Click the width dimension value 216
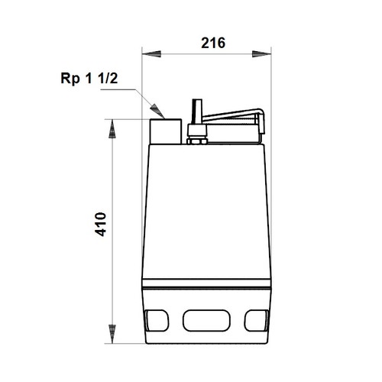click(x=212, y=44)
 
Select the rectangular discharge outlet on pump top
click(x=165, y=131)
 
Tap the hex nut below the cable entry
click(x=196, y=139)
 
